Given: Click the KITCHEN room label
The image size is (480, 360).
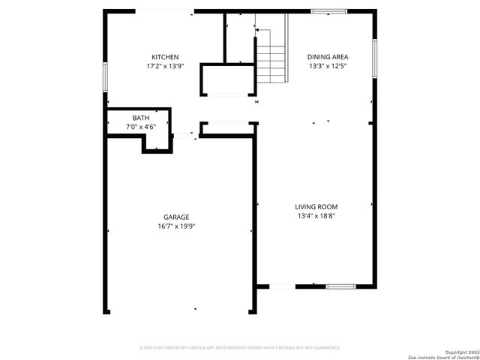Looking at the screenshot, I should click(x=165, y=57).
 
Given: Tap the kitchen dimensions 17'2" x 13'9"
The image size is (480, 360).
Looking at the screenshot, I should click(x=165, y=66).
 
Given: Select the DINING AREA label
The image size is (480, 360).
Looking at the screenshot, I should click(x=328, y=57).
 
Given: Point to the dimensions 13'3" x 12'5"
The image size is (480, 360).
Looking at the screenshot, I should click(x=328, y=66).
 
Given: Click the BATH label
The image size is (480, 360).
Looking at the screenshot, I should click(x=140, y=118).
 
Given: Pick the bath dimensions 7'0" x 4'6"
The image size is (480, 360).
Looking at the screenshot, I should click(x=140, y=127).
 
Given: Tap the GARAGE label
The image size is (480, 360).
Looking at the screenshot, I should click(x=177, y=217).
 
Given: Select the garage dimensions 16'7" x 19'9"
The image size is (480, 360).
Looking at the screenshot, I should click(x=177, y=226).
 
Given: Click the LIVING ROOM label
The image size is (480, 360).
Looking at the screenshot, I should click(x=316, y=207).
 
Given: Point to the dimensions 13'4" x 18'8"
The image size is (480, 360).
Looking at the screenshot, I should click(x=316, y=217).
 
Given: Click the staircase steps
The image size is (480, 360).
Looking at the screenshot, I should click(x=271, y=60).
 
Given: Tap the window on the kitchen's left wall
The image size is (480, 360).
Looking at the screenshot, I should click(x=106, y=76).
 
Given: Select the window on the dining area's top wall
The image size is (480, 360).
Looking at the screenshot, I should click(x=329, y=11).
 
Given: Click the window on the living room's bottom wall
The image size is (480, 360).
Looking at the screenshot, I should click(x=340, y=286).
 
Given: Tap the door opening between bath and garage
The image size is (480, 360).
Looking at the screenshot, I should click(x=183, y=136).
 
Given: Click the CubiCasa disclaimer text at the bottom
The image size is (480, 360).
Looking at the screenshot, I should click(x=240, y=348).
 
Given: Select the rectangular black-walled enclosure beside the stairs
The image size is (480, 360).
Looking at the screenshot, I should click(x=226, y=80).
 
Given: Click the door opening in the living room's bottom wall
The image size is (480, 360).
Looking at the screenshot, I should click(x=282, y=286).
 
